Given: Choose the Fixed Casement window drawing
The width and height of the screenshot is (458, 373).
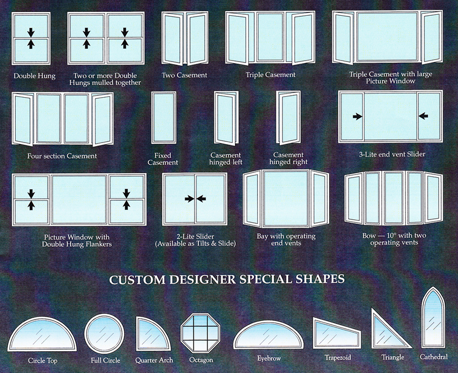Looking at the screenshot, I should click(163, 118).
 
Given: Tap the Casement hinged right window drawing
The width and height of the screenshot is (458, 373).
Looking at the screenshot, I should click(289, 118).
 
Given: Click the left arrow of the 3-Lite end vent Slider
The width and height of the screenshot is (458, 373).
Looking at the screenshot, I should click(358, 117).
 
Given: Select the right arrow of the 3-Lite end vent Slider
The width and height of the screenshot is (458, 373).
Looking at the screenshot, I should click(423, 117).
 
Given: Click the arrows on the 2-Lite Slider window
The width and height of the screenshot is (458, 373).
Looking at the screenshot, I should click(195, 199).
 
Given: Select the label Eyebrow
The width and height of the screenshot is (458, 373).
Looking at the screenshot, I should click(269, 359).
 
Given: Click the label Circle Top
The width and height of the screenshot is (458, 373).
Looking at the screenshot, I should click(42, 361).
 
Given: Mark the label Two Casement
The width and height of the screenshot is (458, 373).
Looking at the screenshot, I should click(184, 75).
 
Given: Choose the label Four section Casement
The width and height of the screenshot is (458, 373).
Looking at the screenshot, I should click(62, 156).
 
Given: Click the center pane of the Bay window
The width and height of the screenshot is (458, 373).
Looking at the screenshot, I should click(285, 198).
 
